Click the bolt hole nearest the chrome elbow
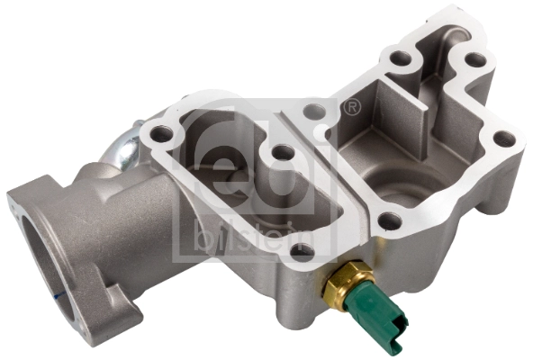click(x=162, y=135)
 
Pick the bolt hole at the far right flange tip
click(x=505, y=139)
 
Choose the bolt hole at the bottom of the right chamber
click(x=389, y=219)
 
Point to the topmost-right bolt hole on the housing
click(x=474, y=60)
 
